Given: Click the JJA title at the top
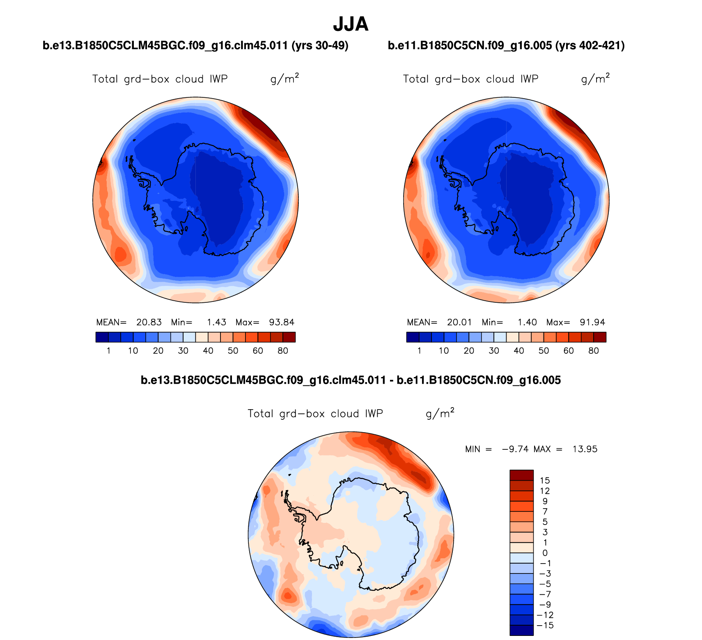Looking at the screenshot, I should [351, 25].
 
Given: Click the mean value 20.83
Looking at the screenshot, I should [149, 322].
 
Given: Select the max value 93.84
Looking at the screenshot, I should [282, 322].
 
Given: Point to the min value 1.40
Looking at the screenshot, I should [527, 322].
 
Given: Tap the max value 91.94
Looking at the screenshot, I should [592, 322].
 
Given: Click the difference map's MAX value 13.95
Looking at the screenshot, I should [585, 449].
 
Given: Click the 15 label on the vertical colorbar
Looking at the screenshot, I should [545, 481].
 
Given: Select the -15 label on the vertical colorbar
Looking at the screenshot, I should [545, 626].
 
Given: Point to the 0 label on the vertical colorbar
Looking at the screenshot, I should [545, 553].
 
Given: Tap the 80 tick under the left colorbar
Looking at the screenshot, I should [283, 351].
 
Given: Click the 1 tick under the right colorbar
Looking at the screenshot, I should [419, 351].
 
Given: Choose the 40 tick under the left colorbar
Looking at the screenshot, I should [208, 351].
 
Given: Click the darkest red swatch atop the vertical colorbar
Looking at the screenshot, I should [521, 475].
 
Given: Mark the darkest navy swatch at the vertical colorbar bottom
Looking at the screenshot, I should [521, 631].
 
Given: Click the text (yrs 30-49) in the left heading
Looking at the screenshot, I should [320, 46].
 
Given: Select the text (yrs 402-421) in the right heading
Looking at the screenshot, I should [590, 46].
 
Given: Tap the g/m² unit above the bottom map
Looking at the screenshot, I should [440, 413].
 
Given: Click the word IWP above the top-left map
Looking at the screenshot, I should [218, 79].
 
